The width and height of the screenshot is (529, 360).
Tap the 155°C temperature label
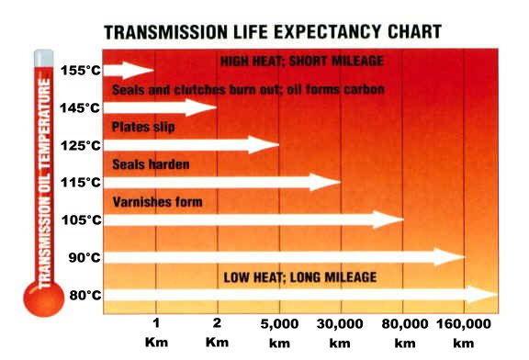[80, 70]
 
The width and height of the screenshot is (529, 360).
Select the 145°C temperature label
[80, 107]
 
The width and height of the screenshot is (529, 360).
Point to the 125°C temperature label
[80, 145]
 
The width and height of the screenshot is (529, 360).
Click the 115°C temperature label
[80, 183]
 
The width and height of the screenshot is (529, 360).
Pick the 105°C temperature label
[80, 219]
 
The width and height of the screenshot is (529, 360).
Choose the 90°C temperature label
[84, 257]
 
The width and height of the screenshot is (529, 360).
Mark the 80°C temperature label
[84, 295]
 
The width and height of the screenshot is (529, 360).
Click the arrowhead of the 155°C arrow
[144, 70]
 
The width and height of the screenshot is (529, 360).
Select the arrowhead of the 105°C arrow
[392, 219]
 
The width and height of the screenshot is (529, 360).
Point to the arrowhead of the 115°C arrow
[330, 182]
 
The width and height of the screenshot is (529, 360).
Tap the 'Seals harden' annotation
[151, 164]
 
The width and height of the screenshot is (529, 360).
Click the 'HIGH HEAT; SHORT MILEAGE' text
[301, 62]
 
